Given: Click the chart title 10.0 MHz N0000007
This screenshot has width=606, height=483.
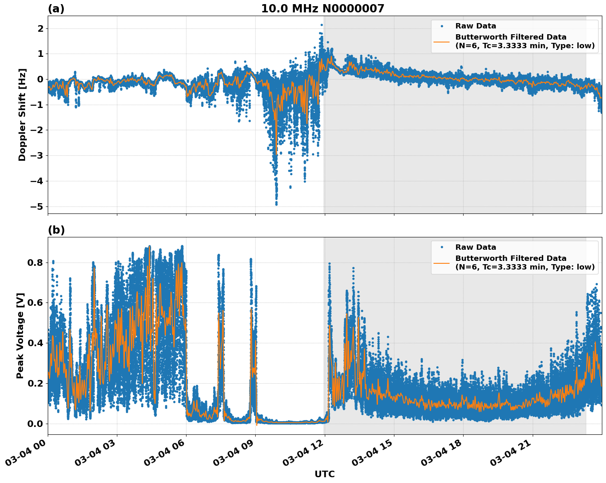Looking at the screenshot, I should [322, 9].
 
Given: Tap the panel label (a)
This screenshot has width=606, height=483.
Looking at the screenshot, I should [56, 9].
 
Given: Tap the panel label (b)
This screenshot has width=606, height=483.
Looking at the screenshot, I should [56, 230].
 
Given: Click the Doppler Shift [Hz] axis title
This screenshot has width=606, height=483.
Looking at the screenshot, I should [22, 115].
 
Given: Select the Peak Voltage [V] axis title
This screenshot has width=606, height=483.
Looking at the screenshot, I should [21, 335].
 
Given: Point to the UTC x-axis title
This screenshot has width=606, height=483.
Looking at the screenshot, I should [324, 474].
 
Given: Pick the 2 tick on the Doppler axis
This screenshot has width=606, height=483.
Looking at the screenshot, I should [40, 28].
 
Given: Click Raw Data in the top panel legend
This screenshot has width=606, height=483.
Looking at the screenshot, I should [475, 26].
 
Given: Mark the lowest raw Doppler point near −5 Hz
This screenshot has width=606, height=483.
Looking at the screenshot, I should [276, 204].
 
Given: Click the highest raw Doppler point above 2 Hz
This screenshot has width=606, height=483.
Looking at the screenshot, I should [322, 25].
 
